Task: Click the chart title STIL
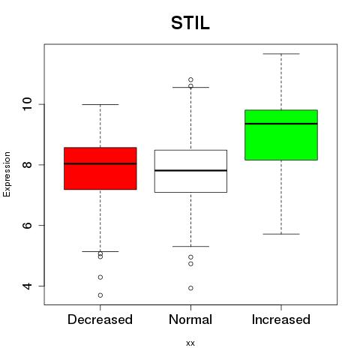click(190, 23)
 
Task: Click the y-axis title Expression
click(7, 174)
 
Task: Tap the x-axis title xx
click(190, 343)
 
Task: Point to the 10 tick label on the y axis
click(27, 104)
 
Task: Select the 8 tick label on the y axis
click(27, 164)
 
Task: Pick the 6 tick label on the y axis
click(27, 225)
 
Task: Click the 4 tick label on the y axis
click(27, 286)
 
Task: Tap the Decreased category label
click(100, 319)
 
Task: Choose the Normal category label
click(190, 319)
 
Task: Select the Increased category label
click(281, 319)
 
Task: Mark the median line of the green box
click(281, 124)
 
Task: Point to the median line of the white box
click(190, 170)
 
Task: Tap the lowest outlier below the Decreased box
click(100, 295)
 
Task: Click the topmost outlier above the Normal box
click(190, 79)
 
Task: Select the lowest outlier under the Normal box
click(190, 288)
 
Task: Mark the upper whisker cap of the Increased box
click(281, 54)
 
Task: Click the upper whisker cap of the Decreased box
click(100, 104)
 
